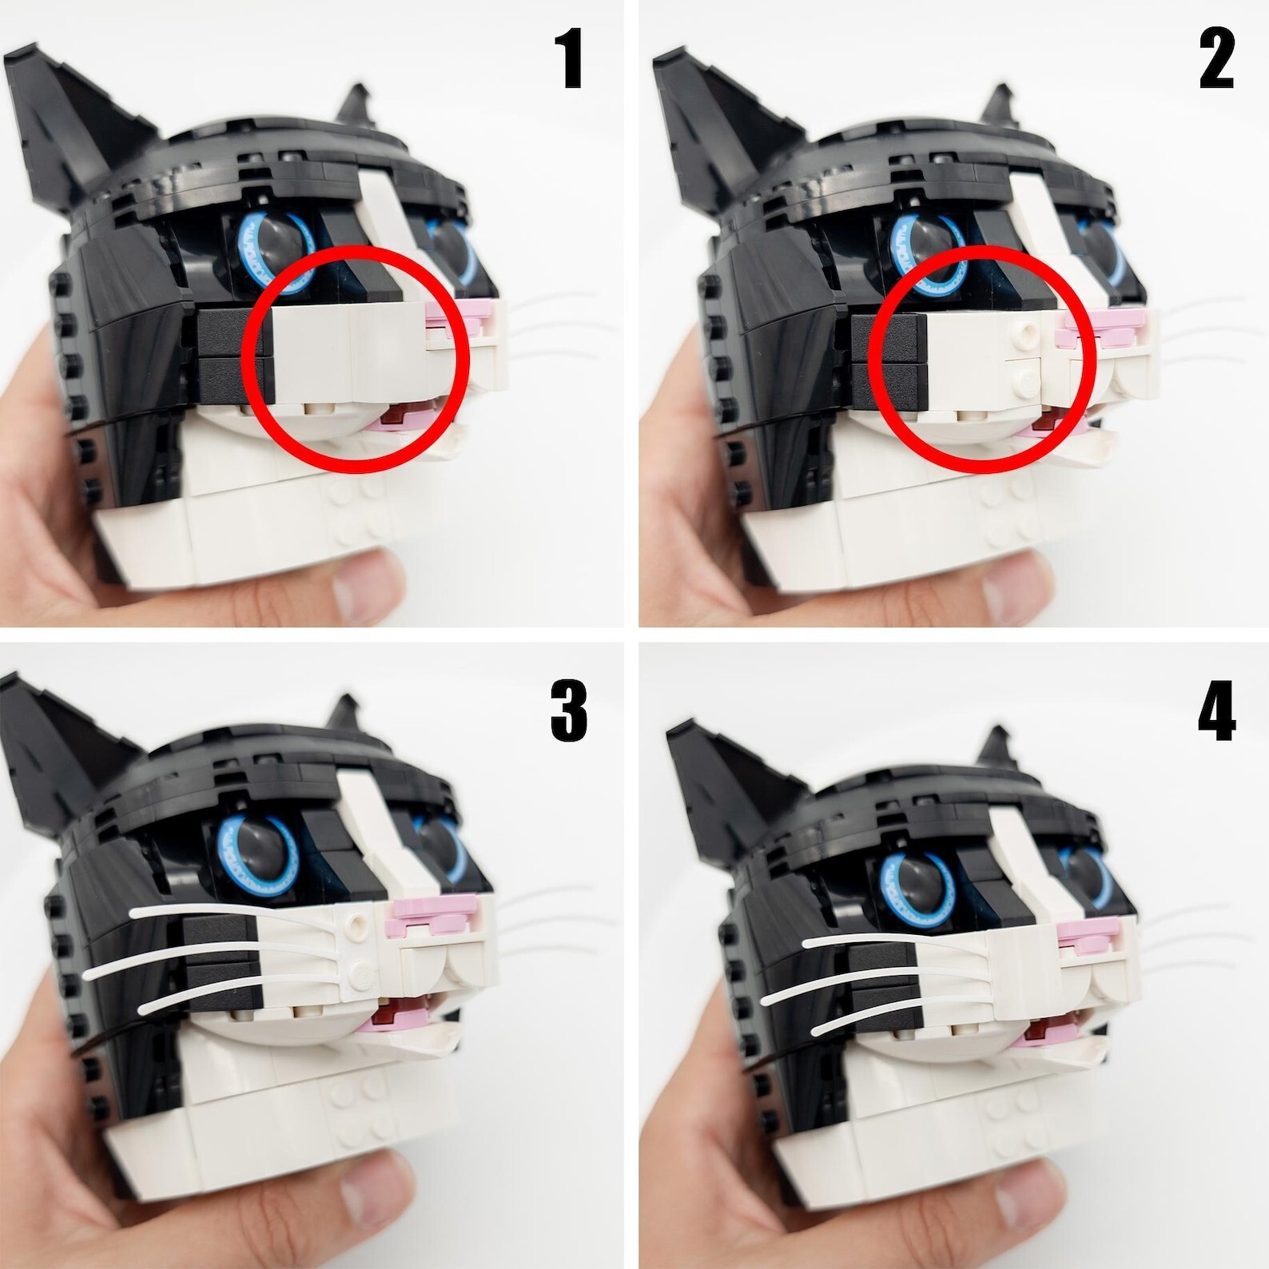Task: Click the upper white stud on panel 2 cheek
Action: point(1025,331)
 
